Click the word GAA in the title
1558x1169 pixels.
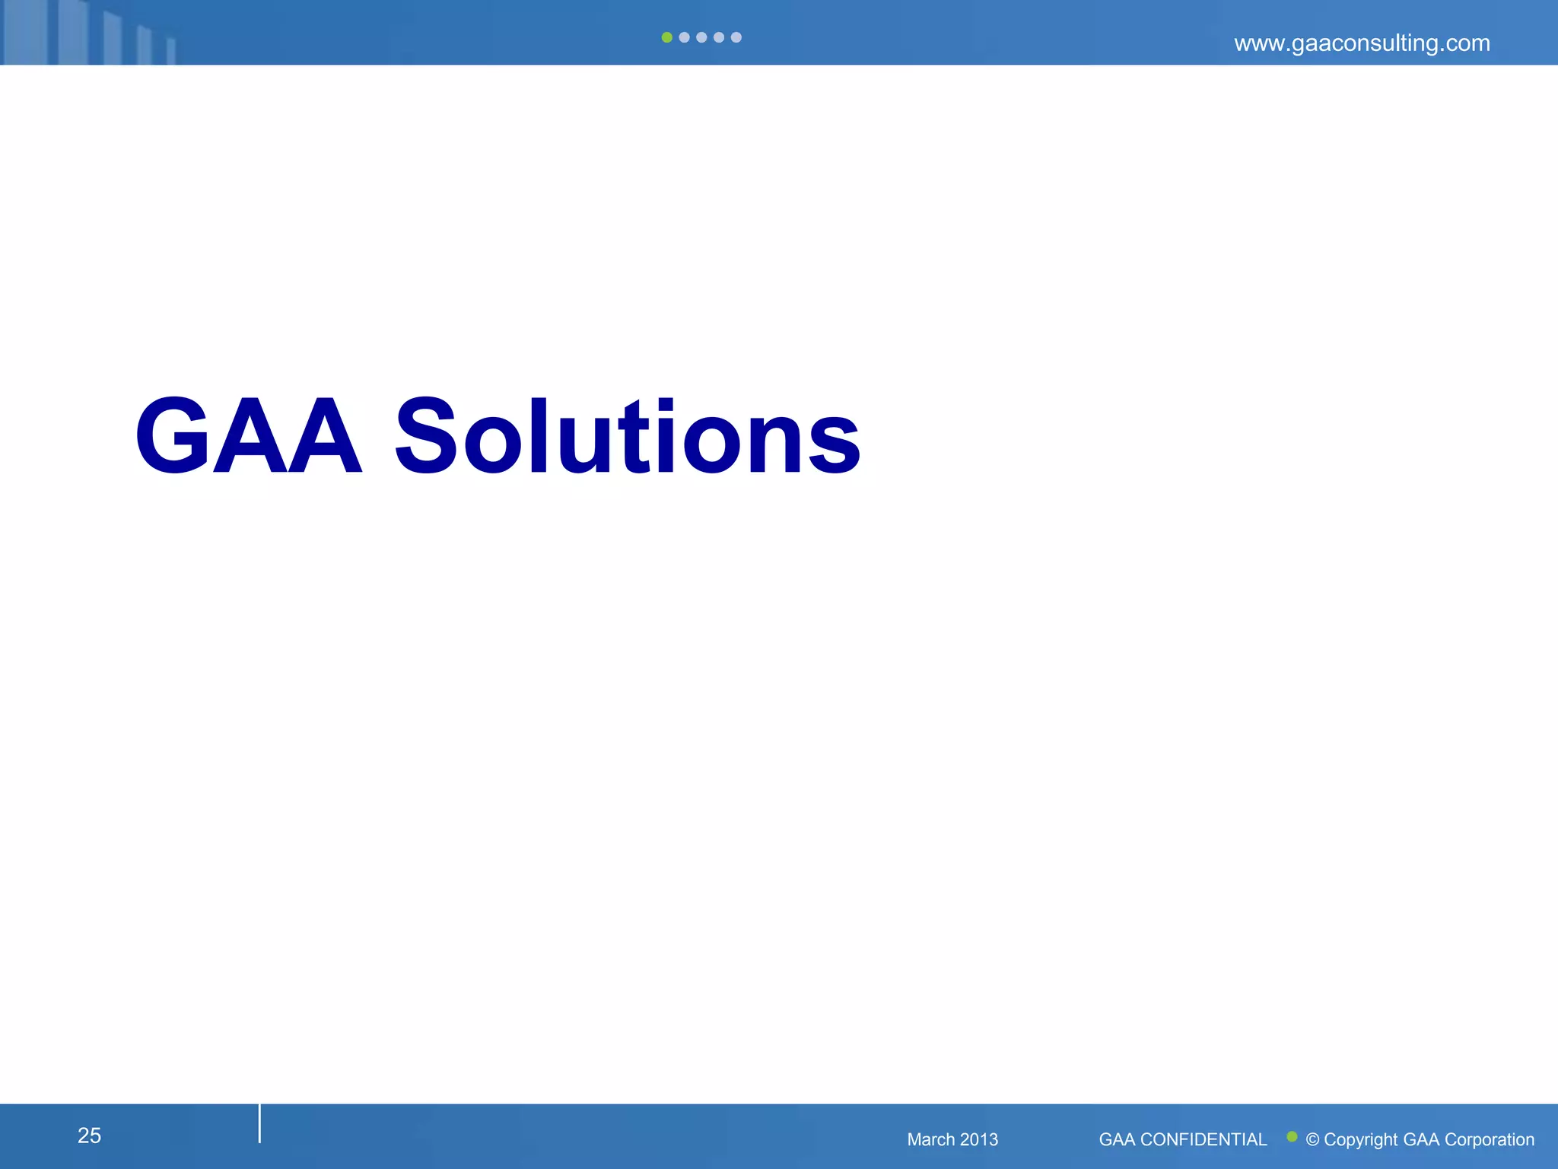click(x=248, y=437)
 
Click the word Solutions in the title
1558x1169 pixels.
click(x=628, y=437)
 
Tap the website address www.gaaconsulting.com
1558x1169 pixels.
click(x=1362, y=43)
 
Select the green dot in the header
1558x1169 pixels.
click(x=666, y=37)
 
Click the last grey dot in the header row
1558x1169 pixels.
click(x=736, y=37)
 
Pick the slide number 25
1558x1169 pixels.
click(x=89, y=1136)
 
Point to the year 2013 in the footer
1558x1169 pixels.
click(x=978, y=1139)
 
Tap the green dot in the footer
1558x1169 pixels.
click(x=1292, y=1136)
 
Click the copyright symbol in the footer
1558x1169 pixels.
click(x=1312, y=1140)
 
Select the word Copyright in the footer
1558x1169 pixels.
click(x=1361, y=1140)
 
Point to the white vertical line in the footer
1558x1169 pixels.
click(x=259, y=1123)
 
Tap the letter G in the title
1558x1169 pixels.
click(x=172, y=437)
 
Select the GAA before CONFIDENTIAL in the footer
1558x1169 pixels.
click(x=1117, y=1139)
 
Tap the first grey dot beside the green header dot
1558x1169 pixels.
click(x=684, y=37)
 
